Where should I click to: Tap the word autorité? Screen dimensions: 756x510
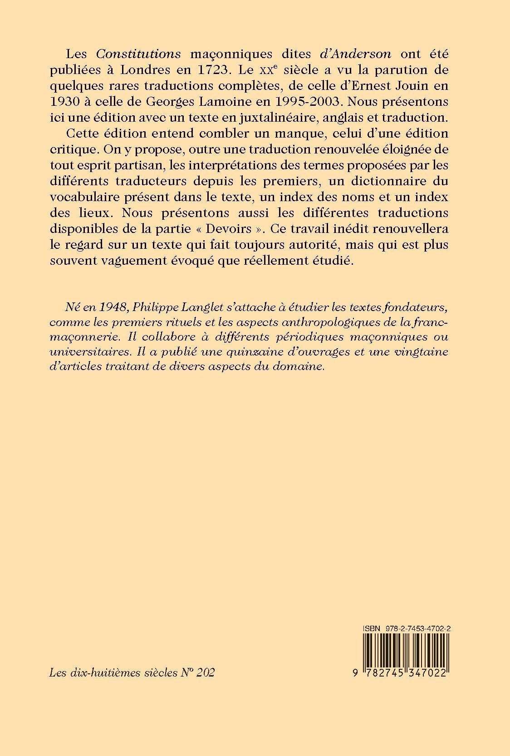click(x=309, y=245)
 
